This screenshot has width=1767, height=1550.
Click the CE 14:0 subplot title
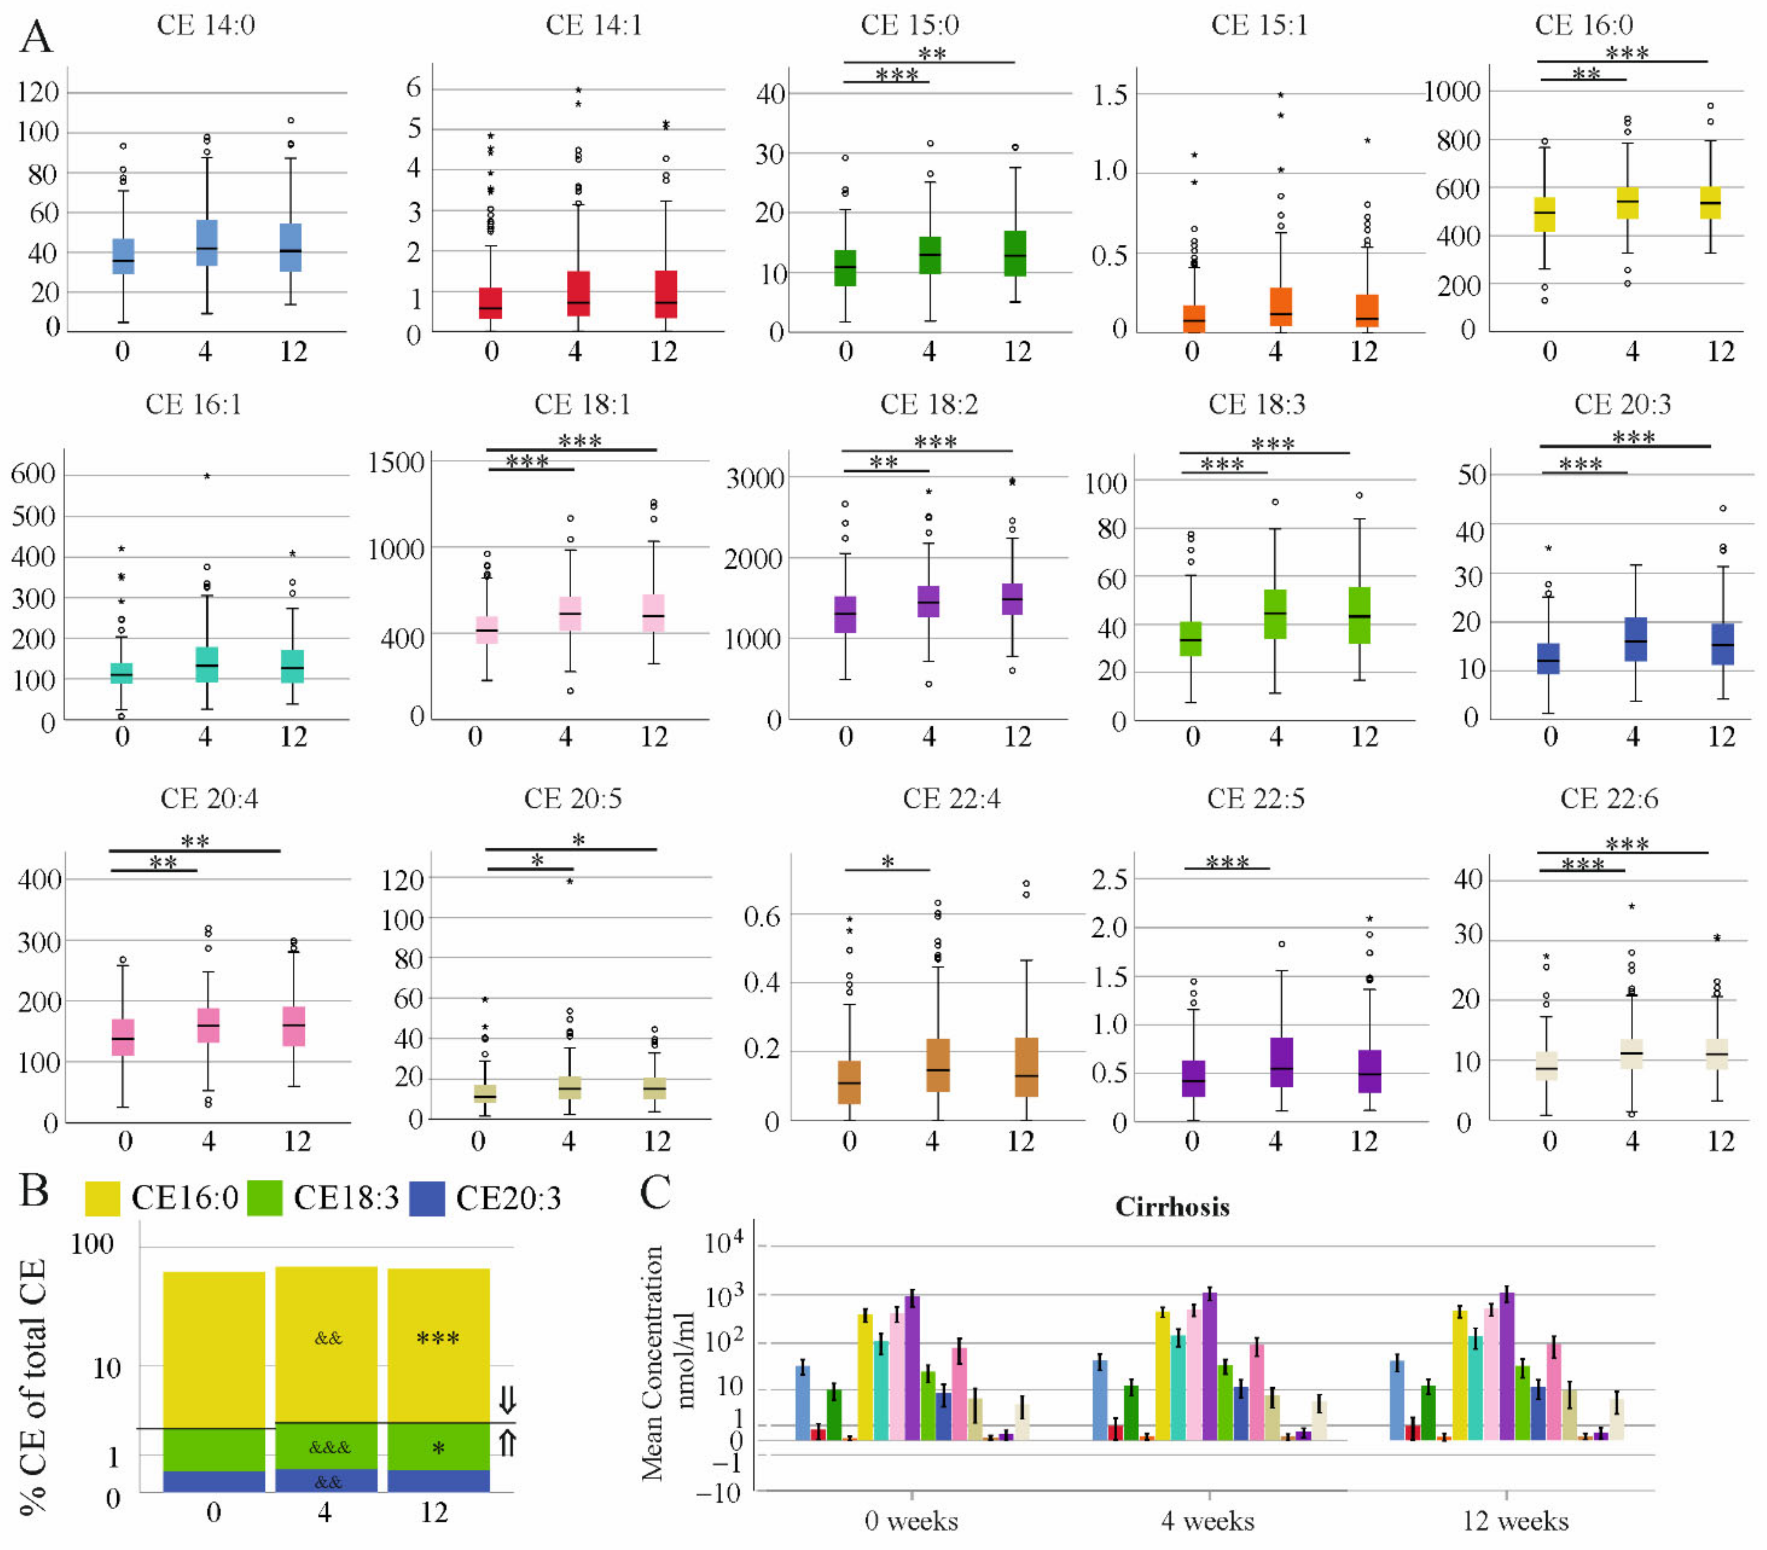pyautogui.click(x=206, y=25)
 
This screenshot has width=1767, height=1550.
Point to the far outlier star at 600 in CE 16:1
pyautogui.click(x=207, y=476)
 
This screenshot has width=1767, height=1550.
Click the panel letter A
pyautogui.click(x=36, y=37)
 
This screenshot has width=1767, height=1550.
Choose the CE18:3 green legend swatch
pyautogui.click(x=264, y=1198)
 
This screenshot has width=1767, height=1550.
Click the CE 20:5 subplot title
pyautogui.click(x=572, y=798)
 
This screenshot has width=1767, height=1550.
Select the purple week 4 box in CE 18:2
pyautogui.click(x=928, y=601)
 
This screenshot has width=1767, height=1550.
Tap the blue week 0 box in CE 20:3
pyautogui.click(x=1548, y=658)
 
